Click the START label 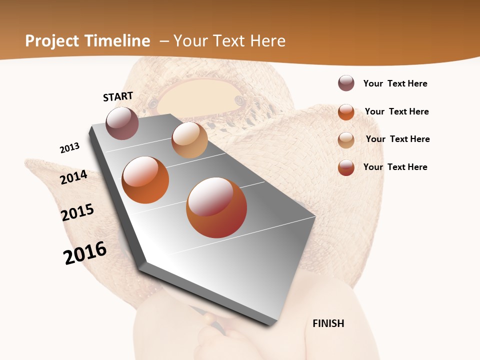pos(118,96)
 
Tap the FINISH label pos(328,323)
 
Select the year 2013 pos(70,147)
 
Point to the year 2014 pos(74,177)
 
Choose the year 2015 pos(77,212)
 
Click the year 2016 pos(85,252)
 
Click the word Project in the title pos(52,41)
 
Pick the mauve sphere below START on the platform pos(122,123)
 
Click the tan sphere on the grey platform pos(189,140)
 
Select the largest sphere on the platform pos(216,207)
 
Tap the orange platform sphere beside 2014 pos(145,180)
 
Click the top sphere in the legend pos(346,83)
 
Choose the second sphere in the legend pos(346,111)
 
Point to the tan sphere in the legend pos(346,139)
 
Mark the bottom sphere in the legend pos(346,167)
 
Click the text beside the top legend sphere pos(395,83)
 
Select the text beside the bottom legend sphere pos(395,167)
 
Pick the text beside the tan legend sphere pos(397,139)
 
